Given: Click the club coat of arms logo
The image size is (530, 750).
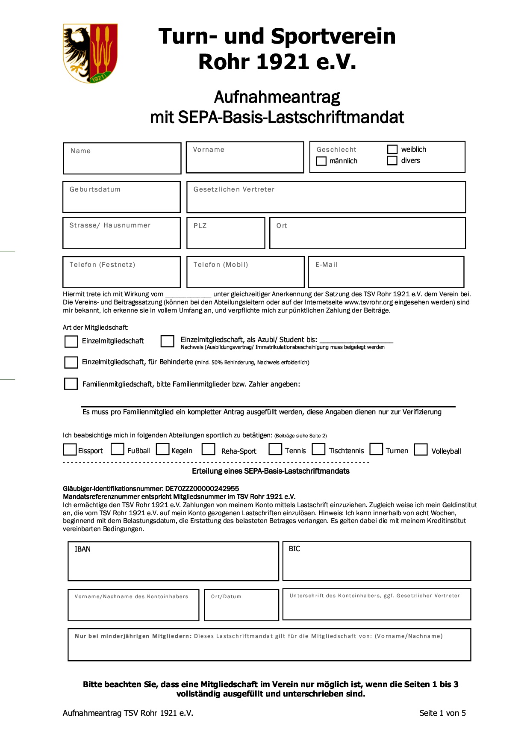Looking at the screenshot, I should click(x=90, y=53).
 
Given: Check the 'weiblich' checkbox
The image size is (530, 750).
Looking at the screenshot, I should click(x=392, y=149).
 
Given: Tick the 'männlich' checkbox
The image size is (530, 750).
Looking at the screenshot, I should click(x=321, y=161).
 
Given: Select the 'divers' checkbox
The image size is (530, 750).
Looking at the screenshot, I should click(x=392, y=160).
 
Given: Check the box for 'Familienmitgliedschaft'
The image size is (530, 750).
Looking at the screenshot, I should click(x=71, y=384).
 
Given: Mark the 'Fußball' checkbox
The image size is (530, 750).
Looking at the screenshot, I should click(x=117, y=449).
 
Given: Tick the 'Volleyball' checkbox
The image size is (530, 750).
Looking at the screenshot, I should click(x=421, y=450).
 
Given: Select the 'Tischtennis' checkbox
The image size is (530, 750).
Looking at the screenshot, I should click(x=318, y=449).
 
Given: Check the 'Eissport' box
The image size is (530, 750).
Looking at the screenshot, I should click(x=70, y=450).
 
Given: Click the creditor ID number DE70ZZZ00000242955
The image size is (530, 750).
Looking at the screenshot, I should click(x=202, y=488).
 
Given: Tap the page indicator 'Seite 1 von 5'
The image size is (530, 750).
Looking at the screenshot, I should click(x=442, y=713).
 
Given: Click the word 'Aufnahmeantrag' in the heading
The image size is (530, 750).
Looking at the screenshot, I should click(x=277, y=97).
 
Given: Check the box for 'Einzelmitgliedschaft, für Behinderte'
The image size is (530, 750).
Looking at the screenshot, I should click(x=71, y=362).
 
